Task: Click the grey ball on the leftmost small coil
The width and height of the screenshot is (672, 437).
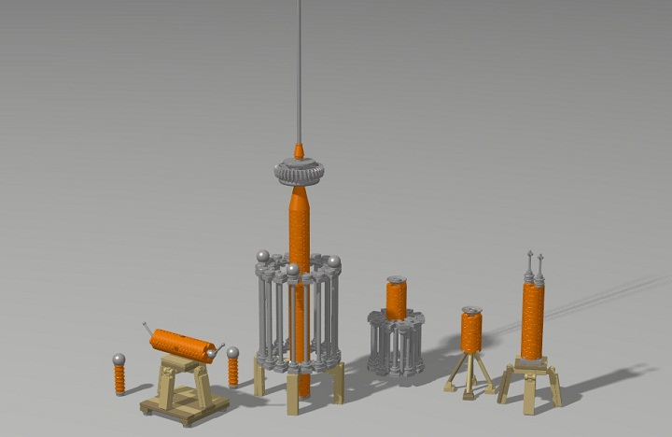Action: (x=119, y=359)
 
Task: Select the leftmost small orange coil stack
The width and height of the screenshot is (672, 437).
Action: (x=119, y=378)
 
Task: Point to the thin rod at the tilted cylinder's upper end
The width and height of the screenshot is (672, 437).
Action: (x=147, y=326)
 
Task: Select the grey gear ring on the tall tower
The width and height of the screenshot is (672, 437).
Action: (x=299, y=173)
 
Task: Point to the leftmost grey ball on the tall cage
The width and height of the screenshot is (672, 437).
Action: (x=264, y=255)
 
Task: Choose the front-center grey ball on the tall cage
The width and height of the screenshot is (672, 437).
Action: (x=293, y=270)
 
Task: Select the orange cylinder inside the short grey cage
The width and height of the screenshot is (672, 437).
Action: (x=397, y=299)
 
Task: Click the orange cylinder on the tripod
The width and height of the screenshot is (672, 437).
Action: (x=471, y=332)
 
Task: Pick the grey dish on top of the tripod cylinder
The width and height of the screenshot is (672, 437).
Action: (x=471, y=310)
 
